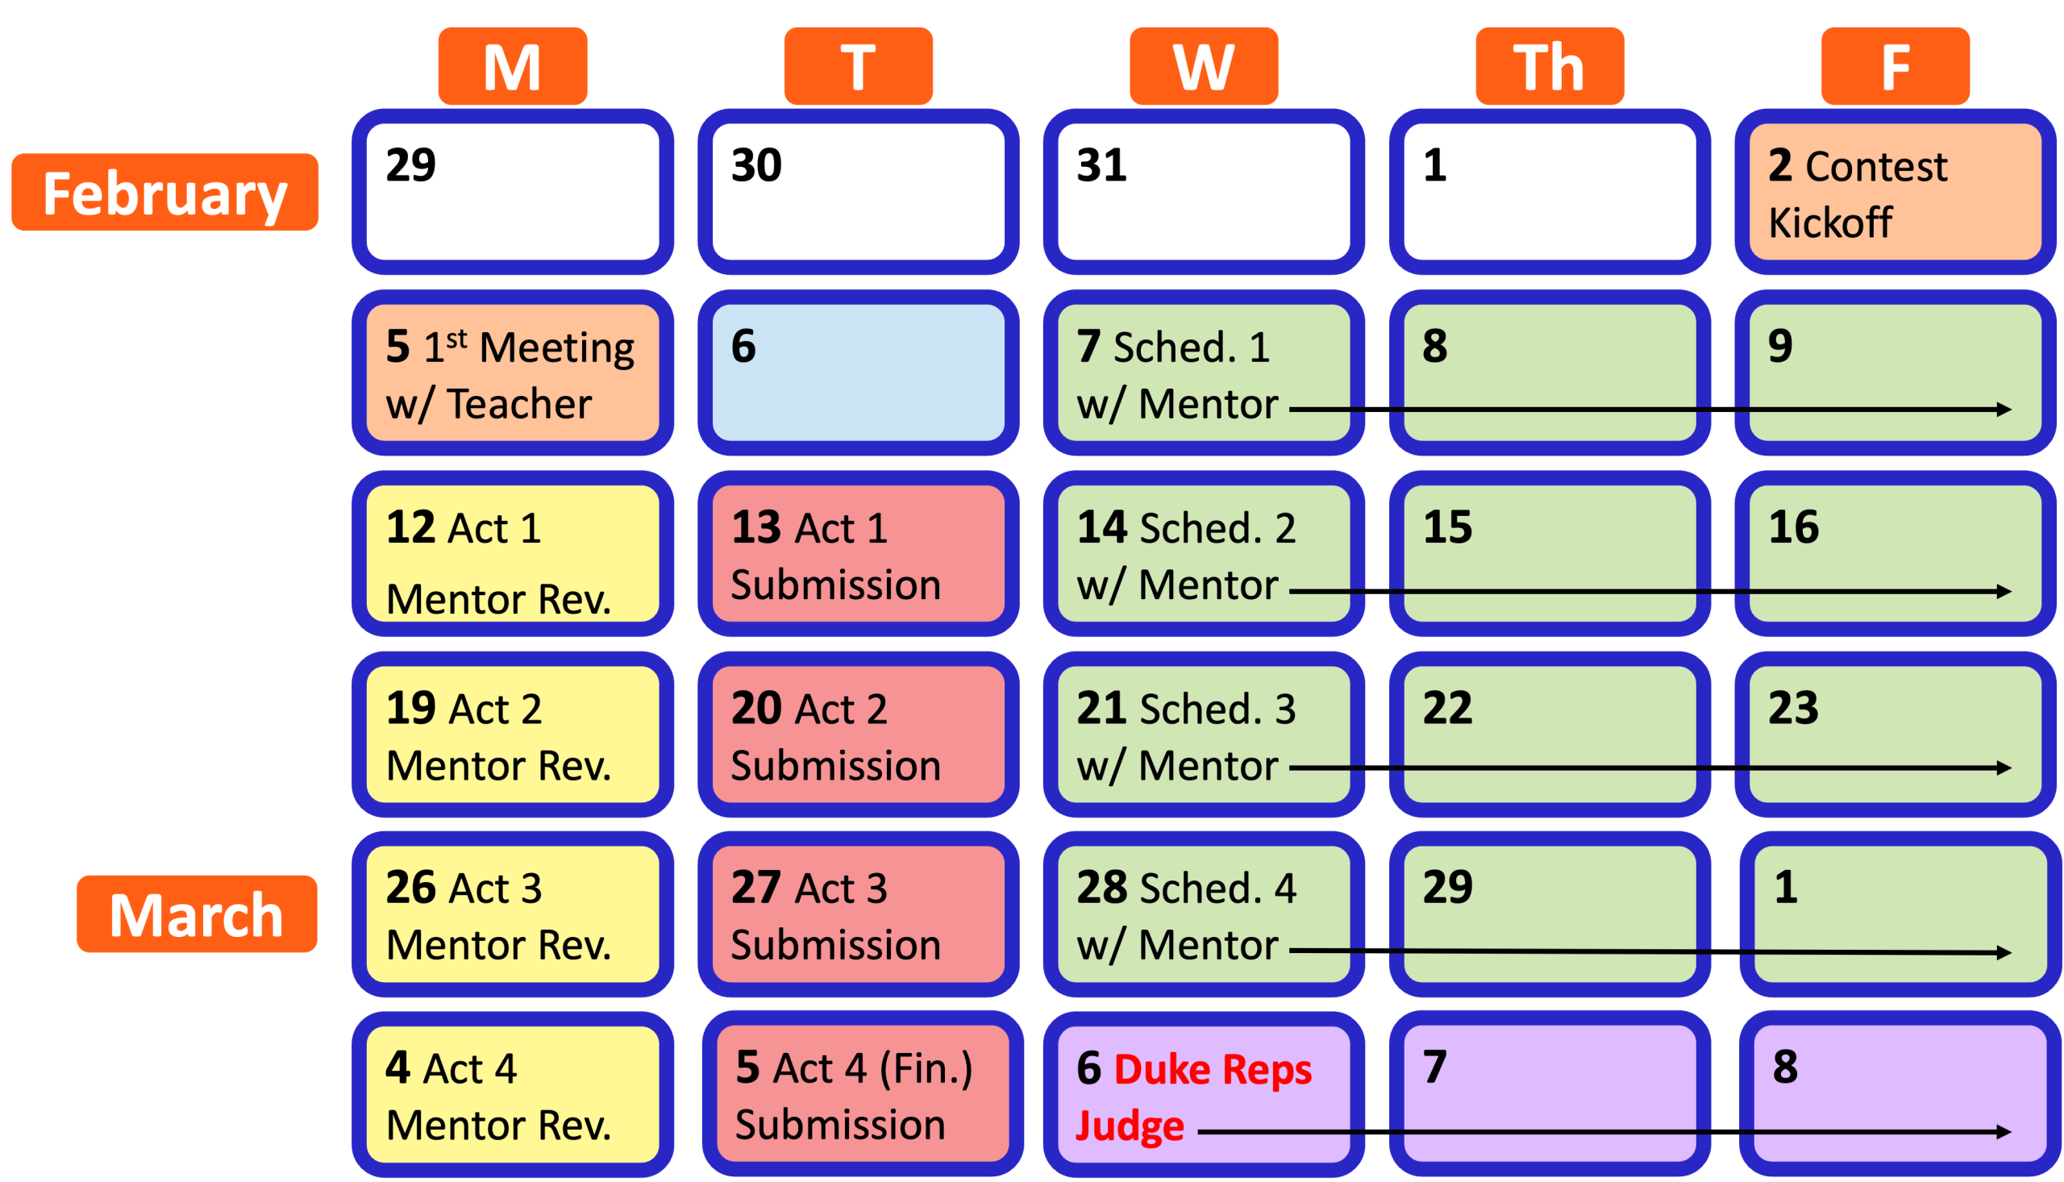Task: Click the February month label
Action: [164, 193]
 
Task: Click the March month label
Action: [198, 914]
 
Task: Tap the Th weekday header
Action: [1550, 66]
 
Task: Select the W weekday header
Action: [1204, 66]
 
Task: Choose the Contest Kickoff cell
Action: [1895, 193]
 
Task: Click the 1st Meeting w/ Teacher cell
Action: [513, 373]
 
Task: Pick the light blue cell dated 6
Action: [859, 373]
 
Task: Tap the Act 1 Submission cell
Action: [859, 555]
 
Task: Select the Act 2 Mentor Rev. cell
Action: [513, 735]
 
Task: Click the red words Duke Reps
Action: [1213, 1069]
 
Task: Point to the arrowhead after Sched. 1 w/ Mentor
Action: [2003, 410]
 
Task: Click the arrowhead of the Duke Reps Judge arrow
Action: [2003, 1132]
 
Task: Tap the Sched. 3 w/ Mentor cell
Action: [1204, 735]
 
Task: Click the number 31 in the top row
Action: [1101, 165]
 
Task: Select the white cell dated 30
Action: [859, 193]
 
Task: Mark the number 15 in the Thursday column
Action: [1447, 527]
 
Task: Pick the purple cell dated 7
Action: [1550, 1094]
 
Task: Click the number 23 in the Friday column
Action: [1794, 708]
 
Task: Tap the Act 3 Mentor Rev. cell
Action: [513, 914]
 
